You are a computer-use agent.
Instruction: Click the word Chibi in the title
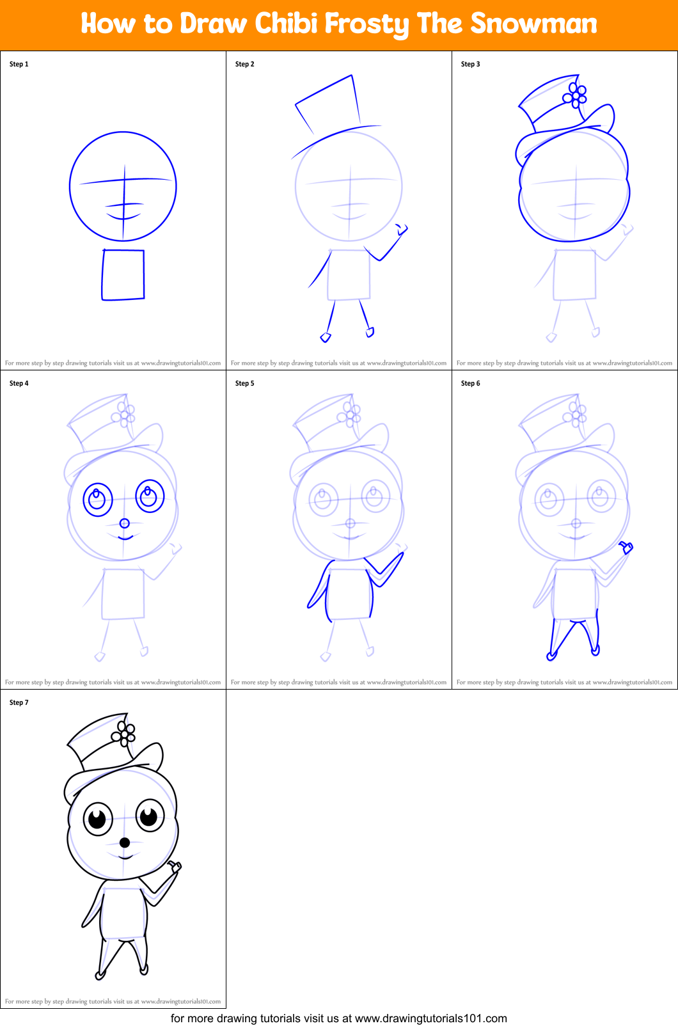(x=286, y=24)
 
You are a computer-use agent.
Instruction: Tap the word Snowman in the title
(x=533, y=24)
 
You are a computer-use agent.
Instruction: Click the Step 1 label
(x=19, y=64)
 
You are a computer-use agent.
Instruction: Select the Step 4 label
(x=19, y=383)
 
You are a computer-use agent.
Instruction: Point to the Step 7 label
(x=19, y=702)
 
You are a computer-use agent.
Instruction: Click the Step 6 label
(x=471, y=383)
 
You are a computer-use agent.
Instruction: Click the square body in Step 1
(x=123, y=274)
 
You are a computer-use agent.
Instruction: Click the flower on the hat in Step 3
(x=575, y=96)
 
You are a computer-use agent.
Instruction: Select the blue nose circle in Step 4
(x=125, y=523)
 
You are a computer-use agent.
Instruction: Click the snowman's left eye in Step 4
(x=98, y=499)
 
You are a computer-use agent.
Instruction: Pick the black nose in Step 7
(x=125, y=842)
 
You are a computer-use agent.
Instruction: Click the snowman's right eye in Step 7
(x=150, y=816)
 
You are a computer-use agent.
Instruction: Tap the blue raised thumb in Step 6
(x=626, y=547)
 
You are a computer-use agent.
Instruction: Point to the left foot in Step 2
(x=326, y=336)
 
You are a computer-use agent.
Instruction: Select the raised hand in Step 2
(x=402, y=229)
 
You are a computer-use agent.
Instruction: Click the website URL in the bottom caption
(x=430, y=1018)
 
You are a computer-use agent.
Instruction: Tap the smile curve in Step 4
(x=125, y=537)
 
